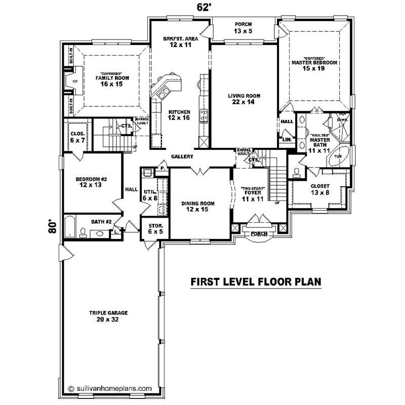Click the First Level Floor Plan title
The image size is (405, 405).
click(256, 282)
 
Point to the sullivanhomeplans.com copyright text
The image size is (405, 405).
click(109, 389)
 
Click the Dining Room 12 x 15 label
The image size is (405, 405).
click(198, 206)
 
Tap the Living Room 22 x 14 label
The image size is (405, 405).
click(244, 98)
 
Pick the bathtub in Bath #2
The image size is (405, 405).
click(70, 226)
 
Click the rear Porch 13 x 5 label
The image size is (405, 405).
click(244, 27)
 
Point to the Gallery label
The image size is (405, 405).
click(182, 157)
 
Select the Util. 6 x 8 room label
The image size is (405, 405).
click(150, 195)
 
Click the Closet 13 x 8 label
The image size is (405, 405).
click(319, 189)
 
